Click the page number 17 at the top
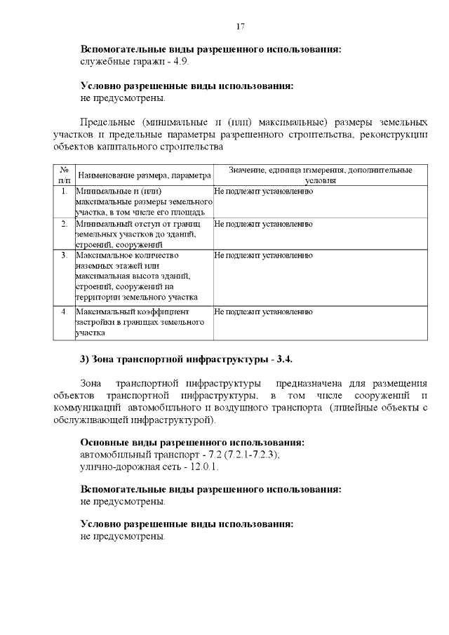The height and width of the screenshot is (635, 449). [240, 27]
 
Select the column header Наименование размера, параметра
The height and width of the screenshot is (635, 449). [144, 175]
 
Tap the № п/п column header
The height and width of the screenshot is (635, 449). [64, 175]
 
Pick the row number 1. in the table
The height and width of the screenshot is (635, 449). [64, 192]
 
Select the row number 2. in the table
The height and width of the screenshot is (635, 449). [64, 224]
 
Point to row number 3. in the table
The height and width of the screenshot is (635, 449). [64, 255]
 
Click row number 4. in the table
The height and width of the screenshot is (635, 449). [64, 311]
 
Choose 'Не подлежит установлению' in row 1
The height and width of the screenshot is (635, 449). [263, 192]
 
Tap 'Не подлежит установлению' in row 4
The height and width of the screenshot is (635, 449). [263, 311]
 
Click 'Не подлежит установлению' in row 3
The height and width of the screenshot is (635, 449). [263, 255]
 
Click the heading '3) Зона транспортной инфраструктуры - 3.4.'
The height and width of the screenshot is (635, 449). [187, 359]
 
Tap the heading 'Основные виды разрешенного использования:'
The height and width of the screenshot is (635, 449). [192, 443]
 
